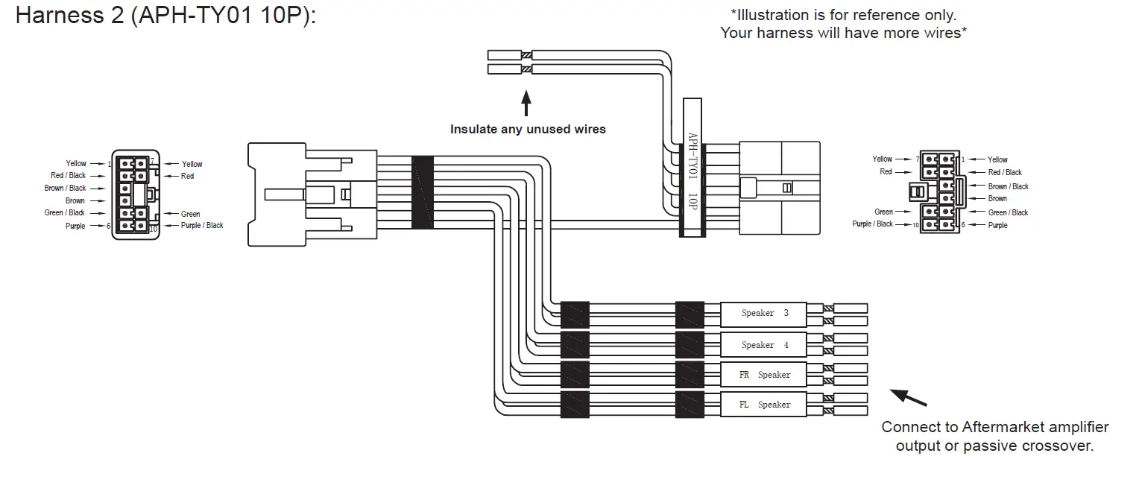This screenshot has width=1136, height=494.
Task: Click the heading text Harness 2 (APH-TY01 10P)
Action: coord(165,16)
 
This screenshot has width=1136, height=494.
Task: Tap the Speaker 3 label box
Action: coord(763,314)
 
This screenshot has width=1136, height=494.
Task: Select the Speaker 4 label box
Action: coord(763,345)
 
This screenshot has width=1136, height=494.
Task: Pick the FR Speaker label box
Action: coord(763,375)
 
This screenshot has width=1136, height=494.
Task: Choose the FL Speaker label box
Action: coord(763,405)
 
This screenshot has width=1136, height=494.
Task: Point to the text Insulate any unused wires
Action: coord(528,130)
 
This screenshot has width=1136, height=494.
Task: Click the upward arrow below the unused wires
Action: coord(526,103)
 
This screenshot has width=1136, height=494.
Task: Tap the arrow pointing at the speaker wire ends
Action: coord(909,398)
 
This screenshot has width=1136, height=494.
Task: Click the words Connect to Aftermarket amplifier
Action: coord(994,428)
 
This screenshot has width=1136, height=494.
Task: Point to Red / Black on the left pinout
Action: coord(68,176)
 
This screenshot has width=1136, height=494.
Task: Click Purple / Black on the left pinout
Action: coord(202,226)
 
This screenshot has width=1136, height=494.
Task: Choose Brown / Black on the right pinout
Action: coord(1008,187)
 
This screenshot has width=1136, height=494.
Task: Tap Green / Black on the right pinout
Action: coord(1008,213)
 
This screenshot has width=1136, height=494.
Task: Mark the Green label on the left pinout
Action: coord(191,215)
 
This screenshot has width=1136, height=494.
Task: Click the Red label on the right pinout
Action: coord(886,172)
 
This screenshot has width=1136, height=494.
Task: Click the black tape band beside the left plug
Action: coord(423,191)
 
